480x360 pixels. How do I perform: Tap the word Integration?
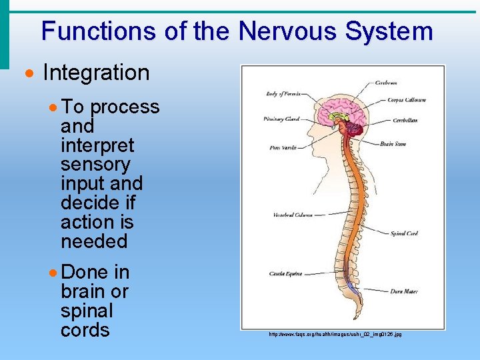(96, 73)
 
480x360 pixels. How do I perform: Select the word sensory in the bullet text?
(95, 164)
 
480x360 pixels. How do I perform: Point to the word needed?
(94, 241)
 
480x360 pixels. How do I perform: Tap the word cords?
(85, 330)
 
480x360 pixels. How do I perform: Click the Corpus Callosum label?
(407, 100)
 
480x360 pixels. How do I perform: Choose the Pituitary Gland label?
(282, 119)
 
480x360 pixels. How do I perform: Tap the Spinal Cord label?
(403, 233)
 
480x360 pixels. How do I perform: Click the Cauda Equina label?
(286, 273)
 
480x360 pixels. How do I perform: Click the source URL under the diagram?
(335, 334)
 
